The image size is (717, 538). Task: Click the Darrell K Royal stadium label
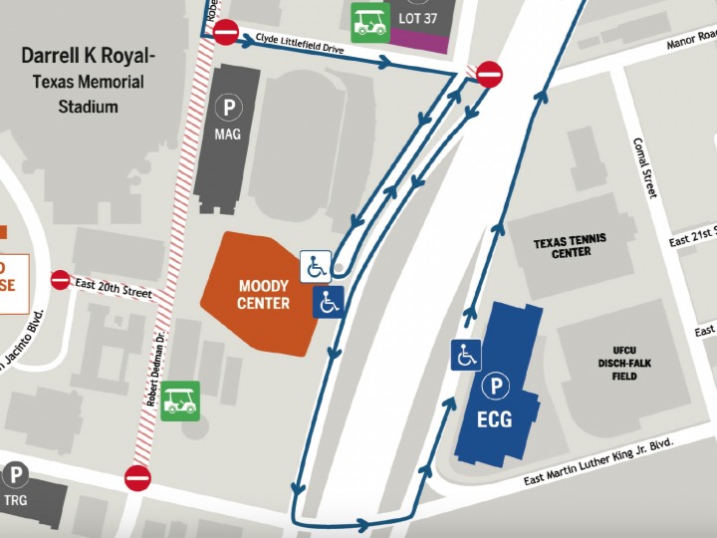pos(88,81)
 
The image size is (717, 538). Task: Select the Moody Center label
pos(264,295)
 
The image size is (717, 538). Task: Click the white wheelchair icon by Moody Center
pos(316,267)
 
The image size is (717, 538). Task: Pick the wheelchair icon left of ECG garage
pos(466,355)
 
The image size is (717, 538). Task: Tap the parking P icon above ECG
pos(494,387)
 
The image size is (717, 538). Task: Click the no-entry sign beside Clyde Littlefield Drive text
pos(226,33)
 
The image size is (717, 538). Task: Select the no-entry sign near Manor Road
pos(489,74)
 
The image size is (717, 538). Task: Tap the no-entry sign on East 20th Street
pos(61,280)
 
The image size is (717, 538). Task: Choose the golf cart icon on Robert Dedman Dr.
pos(180,401)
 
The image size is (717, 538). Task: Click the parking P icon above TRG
pos(15,476)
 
